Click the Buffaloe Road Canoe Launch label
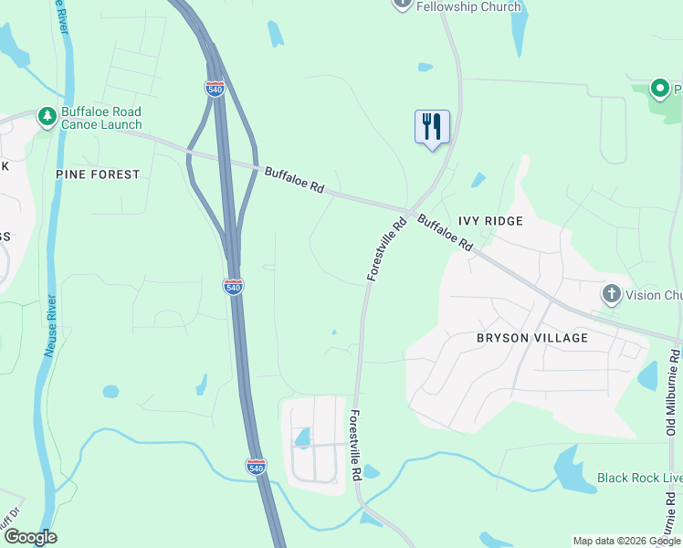pyautogui.click(x=101, y=118)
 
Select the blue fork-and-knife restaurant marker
pyautogui.click(x=432, y=126)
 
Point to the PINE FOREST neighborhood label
pyautogui.click(x=98, y=174)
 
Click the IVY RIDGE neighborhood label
pyautogui.click(x=490, y=221)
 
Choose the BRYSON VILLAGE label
pyautogui.click(x=532, y=338)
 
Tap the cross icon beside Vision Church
pyautogui.click(x=611, y=294)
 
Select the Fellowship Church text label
pyautogui.click(x=468, y=6)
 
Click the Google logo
pyautogui.click(x=30, y=537)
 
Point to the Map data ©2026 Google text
pyautogui.click(x=626, y=541)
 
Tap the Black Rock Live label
pyautogui.click(x=639, y=478)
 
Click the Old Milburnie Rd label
pyautogui.click(x=673, y=393)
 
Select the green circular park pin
pyautogui.click(x=659, y=89)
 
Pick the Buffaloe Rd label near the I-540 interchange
pyautogui.click(x=294, y=179)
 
